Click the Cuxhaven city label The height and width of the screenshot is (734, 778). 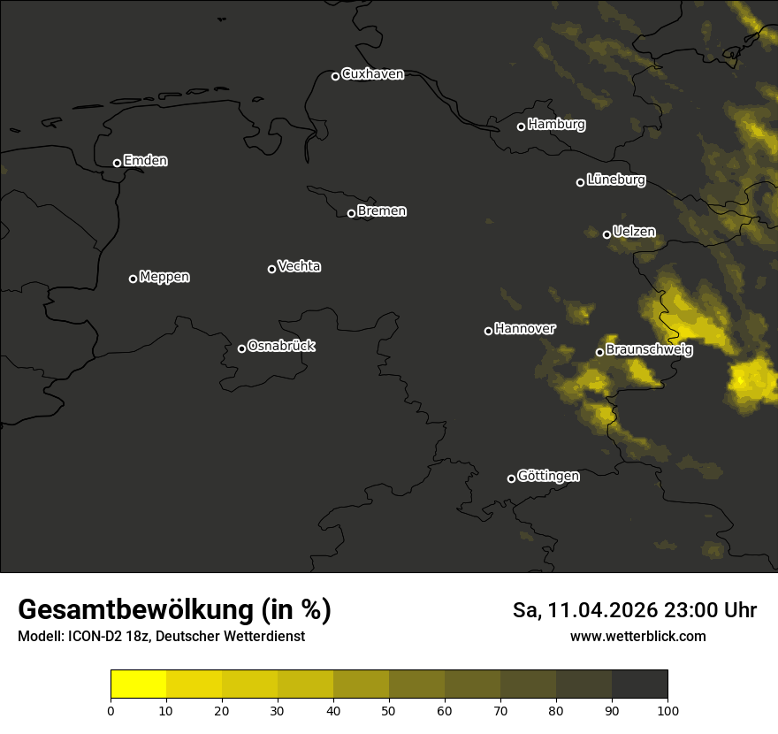click(x=372, y=74)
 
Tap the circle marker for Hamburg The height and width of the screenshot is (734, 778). click(x=521, y=126)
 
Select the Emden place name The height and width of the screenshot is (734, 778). click(x=145, y=161)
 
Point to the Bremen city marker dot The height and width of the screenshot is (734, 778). click(x=351, y=213)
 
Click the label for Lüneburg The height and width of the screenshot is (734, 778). click(x=615, y=180)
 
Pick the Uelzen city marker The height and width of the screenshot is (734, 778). click(x=606, y=234)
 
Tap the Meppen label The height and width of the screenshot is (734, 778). click(x=164, y=278)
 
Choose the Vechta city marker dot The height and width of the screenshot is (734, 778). click(x=271, y=269)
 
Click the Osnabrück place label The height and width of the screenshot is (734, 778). click(x=281, y=347)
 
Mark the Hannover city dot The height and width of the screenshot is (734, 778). click(x=488, y=331)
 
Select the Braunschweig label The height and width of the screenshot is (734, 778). click(x=649, y=350)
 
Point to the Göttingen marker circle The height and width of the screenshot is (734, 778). click(x=511, y=478)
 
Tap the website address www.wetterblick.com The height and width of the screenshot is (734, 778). click(x=638, y=636)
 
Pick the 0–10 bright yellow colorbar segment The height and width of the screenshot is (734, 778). click(x=139, y=684)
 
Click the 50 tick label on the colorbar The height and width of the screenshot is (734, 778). click(x=389, y=709)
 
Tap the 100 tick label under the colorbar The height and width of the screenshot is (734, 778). click(x=667, y=709)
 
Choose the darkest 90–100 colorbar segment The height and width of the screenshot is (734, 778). click(x=639, y=684)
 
